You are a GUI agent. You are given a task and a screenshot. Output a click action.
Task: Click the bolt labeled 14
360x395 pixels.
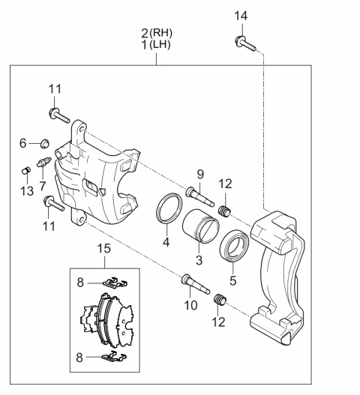click(x=245, y=43)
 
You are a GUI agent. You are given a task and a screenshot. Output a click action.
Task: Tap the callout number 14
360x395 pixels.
click(x=241, y=16)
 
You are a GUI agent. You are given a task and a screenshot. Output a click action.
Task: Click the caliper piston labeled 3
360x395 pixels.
click(x=201, y=226)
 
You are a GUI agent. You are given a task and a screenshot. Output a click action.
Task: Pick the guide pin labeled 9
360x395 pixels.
click(x=200, y=197)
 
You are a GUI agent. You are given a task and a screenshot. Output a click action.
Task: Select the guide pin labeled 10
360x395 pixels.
click(x=196, y=284)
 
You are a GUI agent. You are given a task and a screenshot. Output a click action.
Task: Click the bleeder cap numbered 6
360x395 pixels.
click(x=45, y=144)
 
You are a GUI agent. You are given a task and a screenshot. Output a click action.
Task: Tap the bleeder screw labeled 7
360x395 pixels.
click(x=44, y=162)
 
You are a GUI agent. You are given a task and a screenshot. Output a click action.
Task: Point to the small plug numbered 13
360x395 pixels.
click(x=25, y=170)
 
